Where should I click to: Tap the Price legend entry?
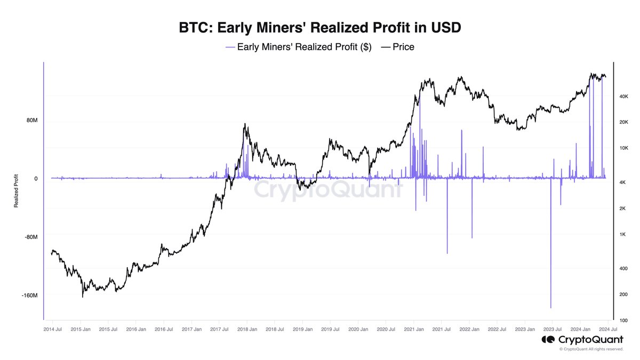click(x=397, y=47)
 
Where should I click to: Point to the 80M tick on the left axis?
click(x=31, y=121)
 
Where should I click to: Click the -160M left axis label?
click(x=29, y=295)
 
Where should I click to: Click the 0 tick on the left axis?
click(x=36, y=179)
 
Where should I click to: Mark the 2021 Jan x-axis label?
click(x=413, y=330)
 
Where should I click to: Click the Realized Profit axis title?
click(x=16, y=190)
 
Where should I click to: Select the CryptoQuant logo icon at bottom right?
click(x=548, y=340)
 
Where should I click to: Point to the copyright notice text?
click(x=591, y=349)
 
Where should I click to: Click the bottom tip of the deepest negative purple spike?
click(x=550, y=308)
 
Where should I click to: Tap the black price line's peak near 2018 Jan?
click(x=245, y=124)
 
